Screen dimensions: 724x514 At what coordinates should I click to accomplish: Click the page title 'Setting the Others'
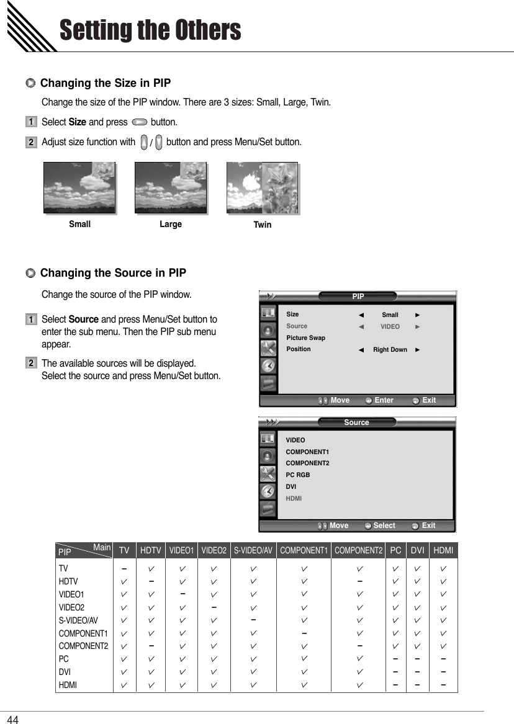tap(150, 30)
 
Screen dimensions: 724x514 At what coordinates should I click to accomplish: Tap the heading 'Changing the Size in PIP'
tap(105, 83)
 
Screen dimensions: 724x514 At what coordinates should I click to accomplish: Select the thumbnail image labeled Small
tap(79, 187)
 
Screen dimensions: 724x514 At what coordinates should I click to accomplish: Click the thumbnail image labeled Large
tap(171, 187)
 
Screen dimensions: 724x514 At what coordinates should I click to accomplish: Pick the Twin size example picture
tap(262, 188)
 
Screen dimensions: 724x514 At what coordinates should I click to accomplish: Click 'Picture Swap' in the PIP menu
tap(305, 337)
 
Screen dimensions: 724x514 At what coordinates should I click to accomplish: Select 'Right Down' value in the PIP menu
tap(390, 349)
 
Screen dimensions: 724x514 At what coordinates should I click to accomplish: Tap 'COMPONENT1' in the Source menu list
tap(307, 452)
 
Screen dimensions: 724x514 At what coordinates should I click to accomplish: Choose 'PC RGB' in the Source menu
tap(297, 475)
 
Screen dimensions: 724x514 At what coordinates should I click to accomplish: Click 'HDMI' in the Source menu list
tap(293, 498)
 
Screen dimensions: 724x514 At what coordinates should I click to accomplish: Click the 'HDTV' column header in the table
tap(150, 550)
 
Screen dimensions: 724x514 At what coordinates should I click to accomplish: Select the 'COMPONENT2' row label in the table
tap(83, 646)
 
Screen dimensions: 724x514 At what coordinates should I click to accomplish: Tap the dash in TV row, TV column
tap(125, 568)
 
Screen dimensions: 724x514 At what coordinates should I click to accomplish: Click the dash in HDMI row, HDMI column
tap(443, 685)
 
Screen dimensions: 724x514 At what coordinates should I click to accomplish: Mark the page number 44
tap(13, 718)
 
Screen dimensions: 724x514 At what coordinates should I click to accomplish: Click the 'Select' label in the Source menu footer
tap(384, 525)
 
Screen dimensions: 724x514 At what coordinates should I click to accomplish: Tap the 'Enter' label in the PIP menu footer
tap(384, 400)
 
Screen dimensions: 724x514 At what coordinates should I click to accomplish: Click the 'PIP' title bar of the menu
tap(358, 297)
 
